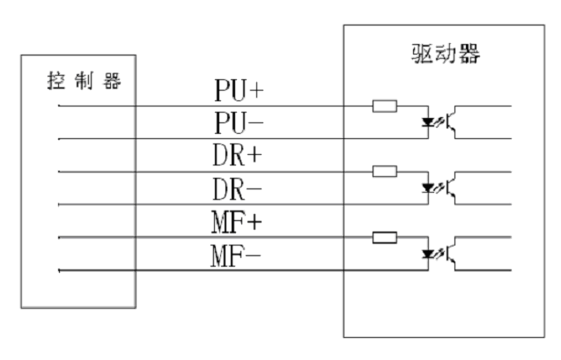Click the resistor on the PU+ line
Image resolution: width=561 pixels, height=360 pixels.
pyautogui.click(x=385, y=107)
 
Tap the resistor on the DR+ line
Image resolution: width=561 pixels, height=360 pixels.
pyautogui.click(x=385, y=171)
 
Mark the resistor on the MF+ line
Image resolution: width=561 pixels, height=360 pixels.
pyautogui.click(x=385, y=237)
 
